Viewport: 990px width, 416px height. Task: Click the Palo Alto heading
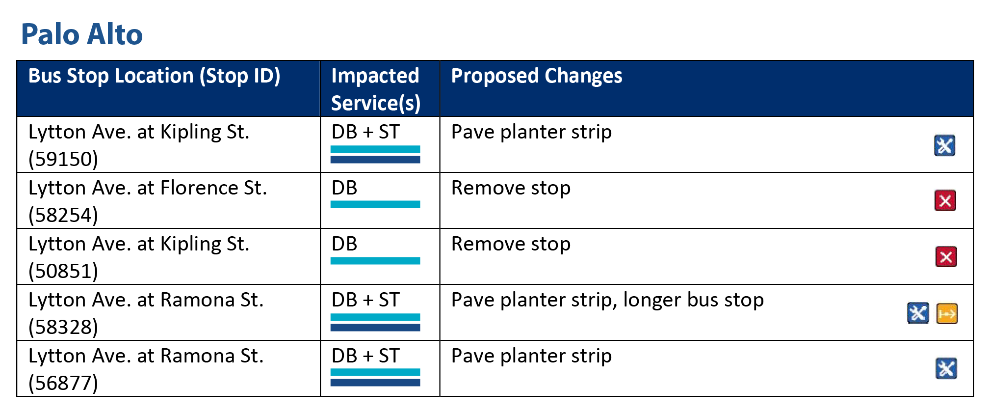pos(81,34)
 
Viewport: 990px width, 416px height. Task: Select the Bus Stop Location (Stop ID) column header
pos(154,76)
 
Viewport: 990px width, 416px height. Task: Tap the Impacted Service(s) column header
pos(375,89)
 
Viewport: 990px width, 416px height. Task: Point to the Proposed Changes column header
pos(536,76)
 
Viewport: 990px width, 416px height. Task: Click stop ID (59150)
pos(63,159)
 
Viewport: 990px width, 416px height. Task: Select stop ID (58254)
pos(63,215)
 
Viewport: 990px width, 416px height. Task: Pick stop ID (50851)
pos(63,271)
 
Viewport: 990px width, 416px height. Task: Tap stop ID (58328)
pos(63,327)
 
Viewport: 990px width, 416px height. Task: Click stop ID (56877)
pos(63,383)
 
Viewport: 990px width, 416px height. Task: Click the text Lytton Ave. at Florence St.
pos(148,188)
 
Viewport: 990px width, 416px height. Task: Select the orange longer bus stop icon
pos(947,313)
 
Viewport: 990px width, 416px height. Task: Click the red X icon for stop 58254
pos(945,200)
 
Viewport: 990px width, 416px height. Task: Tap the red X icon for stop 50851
pos(946,257)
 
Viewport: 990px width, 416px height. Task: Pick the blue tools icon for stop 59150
pos(944,145)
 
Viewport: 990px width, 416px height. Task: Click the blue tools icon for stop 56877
pos(946,369)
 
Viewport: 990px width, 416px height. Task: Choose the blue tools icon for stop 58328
pos(917,313)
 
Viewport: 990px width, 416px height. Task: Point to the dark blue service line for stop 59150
pos(375,160)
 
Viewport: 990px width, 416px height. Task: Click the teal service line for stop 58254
pos(375,204)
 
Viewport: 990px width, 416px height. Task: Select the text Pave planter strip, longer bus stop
pos(607,300)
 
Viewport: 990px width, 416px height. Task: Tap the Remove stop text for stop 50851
pos(511,244)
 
